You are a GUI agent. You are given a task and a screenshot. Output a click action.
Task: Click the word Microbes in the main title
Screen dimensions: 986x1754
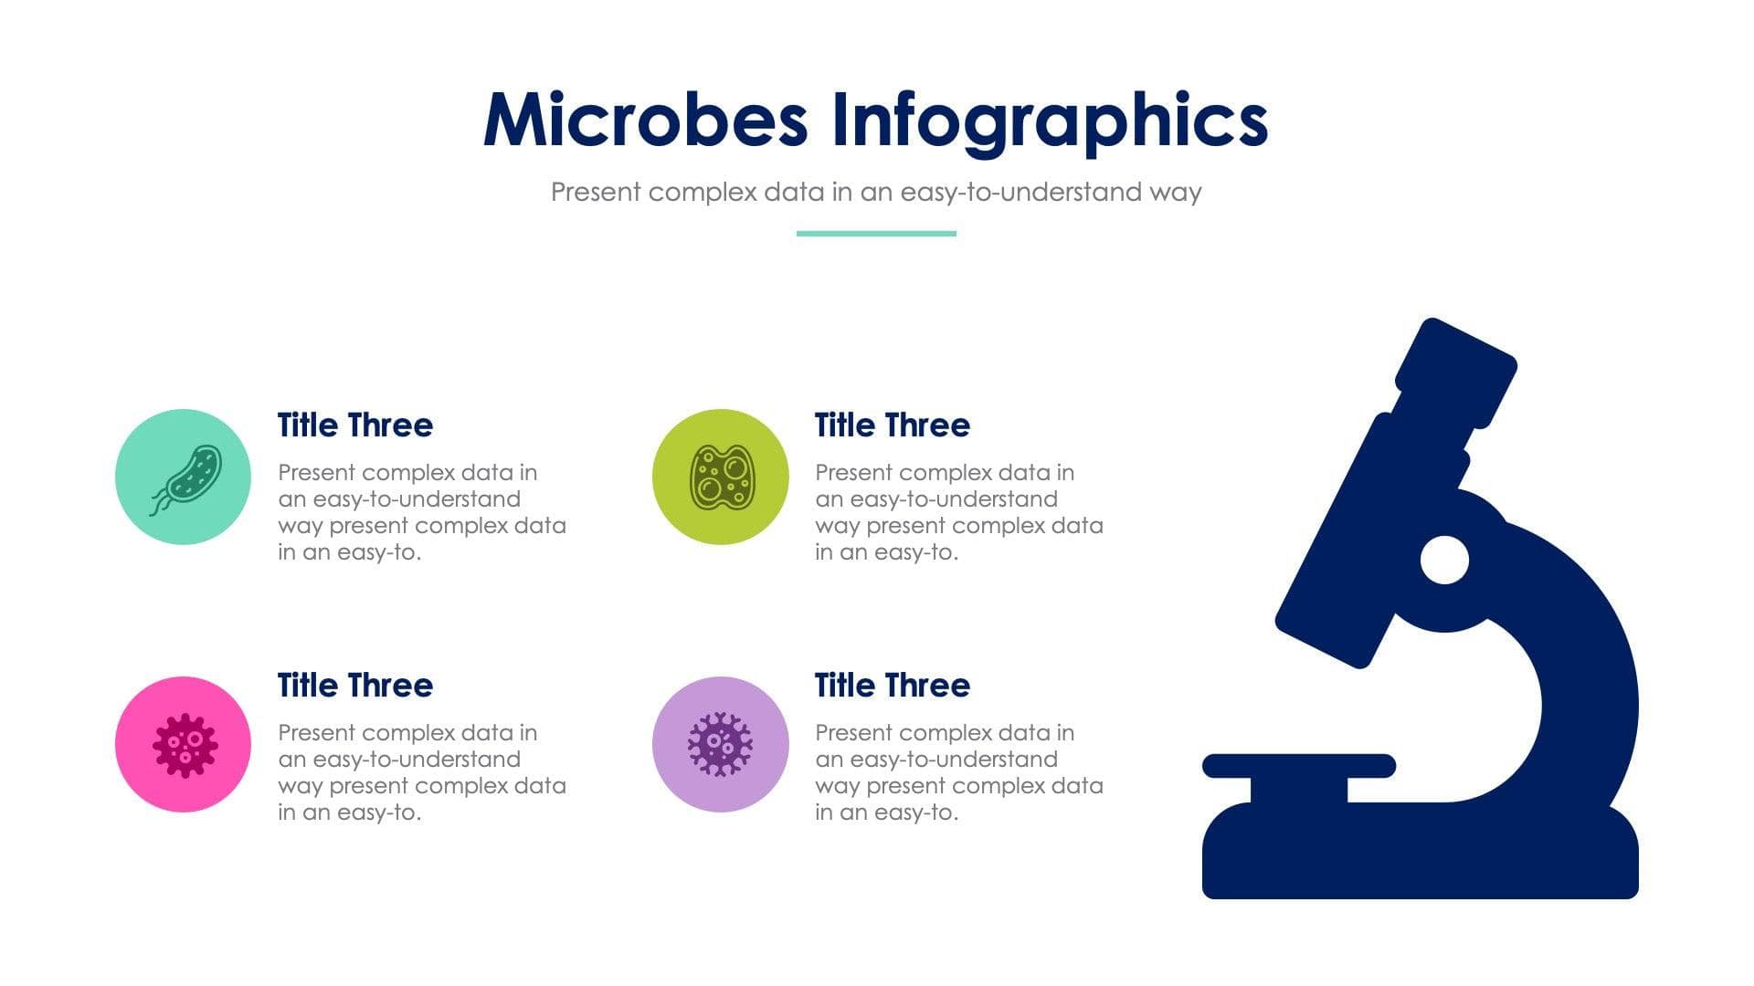(x=645, y=121)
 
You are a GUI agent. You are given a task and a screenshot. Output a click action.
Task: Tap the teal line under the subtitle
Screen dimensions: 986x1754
(x=876, y=234)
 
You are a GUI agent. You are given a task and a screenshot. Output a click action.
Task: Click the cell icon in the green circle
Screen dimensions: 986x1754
(x=721, y=477)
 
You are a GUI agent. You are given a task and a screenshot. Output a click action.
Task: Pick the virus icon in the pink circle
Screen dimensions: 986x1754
(x=185, y=745)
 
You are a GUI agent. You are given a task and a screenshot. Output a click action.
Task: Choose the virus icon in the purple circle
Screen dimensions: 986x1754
(x=720, y=744)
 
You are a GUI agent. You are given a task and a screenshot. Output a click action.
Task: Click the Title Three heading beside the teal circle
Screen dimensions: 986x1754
(x=354, y=425)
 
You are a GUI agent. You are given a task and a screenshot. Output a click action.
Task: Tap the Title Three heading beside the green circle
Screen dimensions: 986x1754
(x=892, y=425)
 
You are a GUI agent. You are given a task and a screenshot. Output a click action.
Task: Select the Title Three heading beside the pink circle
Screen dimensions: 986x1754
(x=354, y=686)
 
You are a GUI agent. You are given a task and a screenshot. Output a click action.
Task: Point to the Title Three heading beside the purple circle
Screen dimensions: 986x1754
(x=892, y=686)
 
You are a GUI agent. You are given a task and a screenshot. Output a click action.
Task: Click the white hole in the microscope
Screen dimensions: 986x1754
(x=1444, y=560)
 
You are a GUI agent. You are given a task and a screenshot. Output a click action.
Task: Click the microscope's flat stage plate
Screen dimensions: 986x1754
(x=1298, y=766)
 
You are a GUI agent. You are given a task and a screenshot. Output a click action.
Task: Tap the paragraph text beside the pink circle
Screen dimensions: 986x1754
(x=421, y=772)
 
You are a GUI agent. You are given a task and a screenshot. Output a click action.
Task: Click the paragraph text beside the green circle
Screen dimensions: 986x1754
(x=958, y=512)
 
